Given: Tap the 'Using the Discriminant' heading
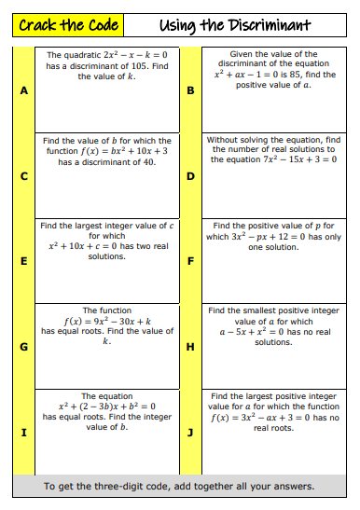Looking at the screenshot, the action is click(234, 24).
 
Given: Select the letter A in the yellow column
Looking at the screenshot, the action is click(23, 90).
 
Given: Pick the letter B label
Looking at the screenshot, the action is click(190, 90).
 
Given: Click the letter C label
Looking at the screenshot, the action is click(23, 175).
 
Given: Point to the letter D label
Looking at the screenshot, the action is click(190, 175).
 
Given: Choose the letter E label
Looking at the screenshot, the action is click(23, 260).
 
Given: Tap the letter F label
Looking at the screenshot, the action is click(190, 260).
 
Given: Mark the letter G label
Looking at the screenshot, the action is click(23, 347).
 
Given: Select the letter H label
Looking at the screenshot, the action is click(190, 347).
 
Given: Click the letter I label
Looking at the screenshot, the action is click(23, 433).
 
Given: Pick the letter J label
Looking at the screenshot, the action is click(190, 433).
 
